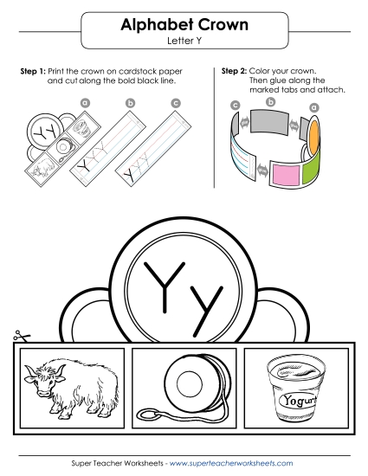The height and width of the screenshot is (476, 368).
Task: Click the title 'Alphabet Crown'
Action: [x=183, y=26]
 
